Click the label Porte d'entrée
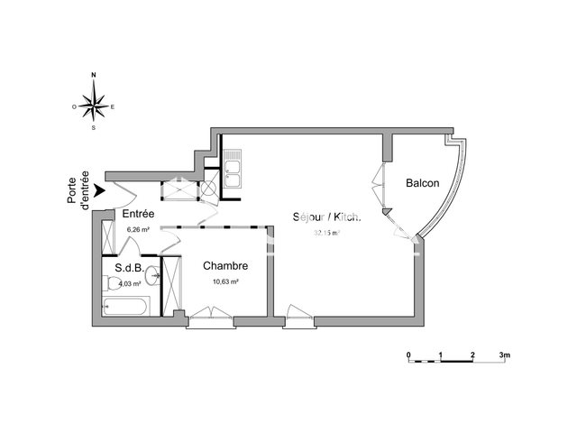78,190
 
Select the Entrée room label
139,214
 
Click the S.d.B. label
129,268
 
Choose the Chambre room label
224,266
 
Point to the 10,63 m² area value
224,281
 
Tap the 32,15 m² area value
325,233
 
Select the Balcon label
422,183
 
